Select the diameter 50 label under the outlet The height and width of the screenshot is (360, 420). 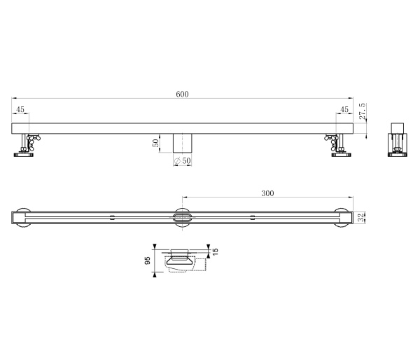(x=183, y=161)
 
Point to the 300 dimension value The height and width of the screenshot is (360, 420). (x=267, y=193)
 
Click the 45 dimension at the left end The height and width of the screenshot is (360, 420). (x=20, y=110)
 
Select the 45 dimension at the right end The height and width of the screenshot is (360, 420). (x=344, y=110)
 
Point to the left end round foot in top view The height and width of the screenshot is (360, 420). (x=24, y=218)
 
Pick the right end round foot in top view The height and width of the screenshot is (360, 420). (x=342, y=218)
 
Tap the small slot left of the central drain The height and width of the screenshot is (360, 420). (x=113, y=218)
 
